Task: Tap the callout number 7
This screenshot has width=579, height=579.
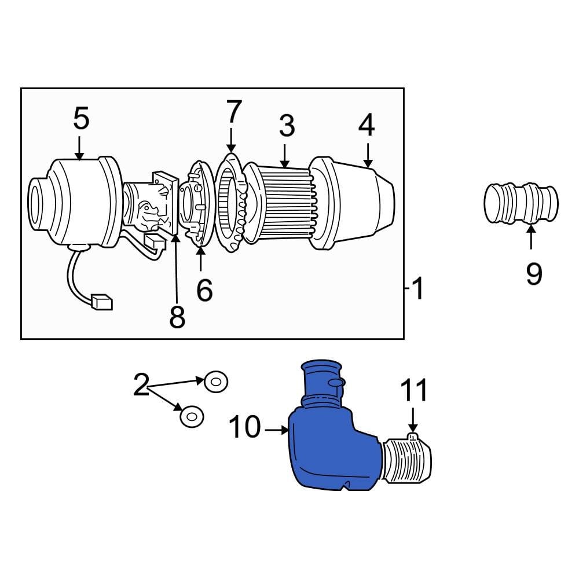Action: click(233, 112)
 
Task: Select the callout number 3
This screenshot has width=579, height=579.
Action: click(286, 126)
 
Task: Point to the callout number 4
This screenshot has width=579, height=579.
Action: click(367, 125)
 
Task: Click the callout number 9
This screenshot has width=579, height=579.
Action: click(533, 273)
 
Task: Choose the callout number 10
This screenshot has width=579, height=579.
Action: click(244, 428)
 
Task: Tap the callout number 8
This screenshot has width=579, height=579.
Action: click(177, 317)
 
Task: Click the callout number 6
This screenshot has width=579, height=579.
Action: click(204, 290)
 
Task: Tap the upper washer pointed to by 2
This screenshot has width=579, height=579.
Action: click(215, 382)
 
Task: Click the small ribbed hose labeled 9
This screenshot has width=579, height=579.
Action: click(521, 204)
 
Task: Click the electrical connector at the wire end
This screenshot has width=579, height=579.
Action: click(101, 302)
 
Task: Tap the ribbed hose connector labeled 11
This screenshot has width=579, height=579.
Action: click(408, 460)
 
